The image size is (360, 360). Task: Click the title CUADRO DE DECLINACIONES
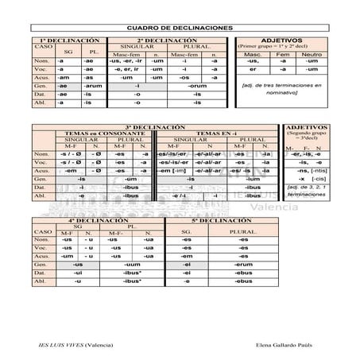point(180,29)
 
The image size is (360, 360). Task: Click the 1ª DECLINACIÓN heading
point(69,40)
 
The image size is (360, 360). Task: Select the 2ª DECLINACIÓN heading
point(166,40)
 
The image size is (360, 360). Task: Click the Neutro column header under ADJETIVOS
point(312,54)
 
